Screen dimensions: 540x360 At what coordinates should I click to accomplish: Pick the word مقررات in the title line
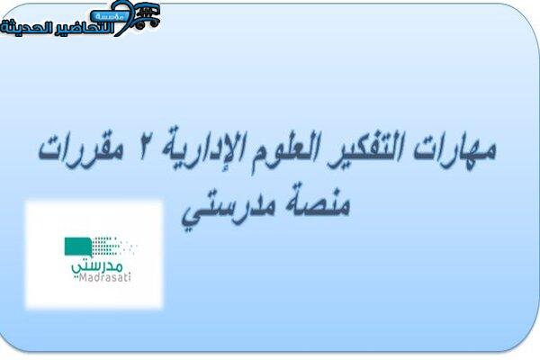81,151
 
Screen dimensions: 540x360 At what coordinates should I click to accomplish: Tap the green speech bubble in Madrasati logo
78,247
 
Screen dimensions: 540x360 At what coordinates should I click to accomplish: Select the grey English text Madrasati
104,277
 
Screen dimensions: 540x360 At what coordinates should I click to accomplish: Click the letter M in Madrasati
83,277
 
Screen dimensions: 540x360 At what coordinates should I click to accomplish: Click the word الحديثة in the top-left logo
23,28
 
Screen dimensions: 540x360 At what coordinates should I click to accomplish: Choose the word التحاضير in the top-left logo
81,28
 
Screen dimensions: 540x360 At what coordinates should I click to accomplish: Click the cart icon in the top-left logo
147,15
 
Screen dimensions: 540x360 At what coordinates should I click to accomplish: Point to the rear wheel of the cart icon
139,25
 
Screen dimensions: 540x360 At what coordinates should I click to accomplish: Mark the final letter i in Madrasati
129,277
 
